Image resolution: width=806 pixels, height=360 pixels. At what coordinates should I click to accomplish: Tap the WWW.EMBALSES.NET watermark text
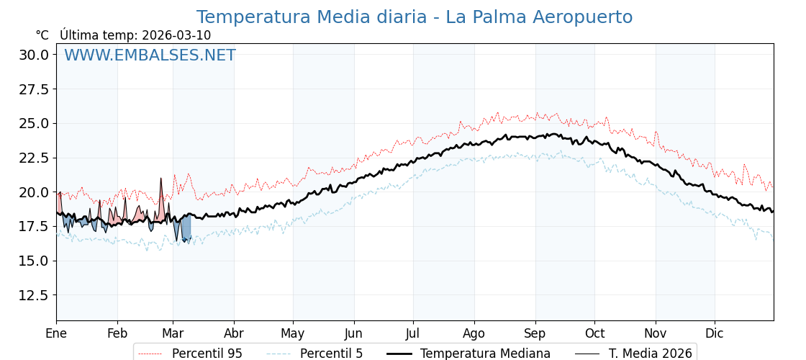tap(150, 55)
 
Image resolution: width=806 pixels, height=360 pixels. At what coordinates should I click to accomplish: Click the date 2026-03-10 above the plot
tap(176, 35)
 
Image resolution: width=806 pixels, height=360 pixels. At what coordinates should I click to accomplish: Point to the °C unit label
tap(42, 35)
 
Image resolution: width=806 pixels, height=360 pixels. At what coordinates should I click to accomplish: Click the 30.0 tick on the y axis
tap(34, 55)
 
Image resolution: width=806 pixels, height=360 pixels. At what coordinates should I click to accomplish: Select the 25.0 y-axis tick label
tap(34, 123)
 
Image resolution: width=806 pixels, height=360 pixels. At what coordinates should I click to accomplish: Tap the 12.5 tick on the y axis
tap(34, 295)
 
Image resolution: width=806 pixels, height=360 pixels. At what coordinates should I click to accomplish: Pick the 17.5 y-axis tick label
tap(34, 226)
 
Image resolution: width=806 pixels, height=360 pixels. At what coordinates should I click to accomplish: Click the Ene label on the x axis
tap(56, 333)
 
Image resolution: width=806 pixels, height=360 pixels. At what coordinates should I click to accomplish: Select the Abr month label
tap(234, 333)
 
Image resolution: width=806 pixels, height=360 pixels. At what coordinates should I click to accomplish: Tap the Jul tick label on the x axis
tap(413, 333)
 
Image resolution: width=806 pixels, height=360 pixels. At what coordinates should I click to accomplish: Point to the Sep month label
tap(535, 333)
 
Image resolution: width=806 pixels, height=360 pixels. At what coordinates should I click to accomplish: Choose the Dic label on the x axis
tap(715, 333)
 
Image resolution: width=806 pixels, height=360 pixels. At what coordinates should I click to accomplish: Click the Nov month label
tap(656, 333)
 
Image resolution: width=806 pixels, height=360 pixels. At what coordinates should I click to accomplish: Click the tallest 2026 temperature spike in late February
tap(160, 180)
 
